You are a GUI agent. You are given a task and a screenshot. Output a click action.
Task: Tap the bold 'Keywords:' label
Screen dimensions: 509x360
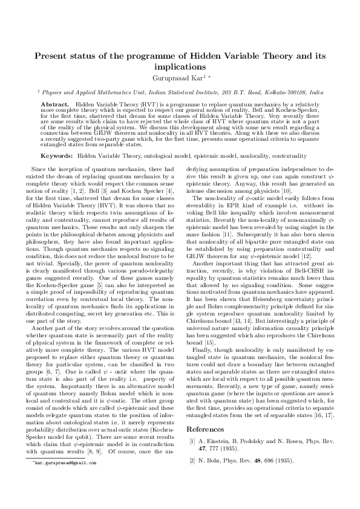click(61, 156)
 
